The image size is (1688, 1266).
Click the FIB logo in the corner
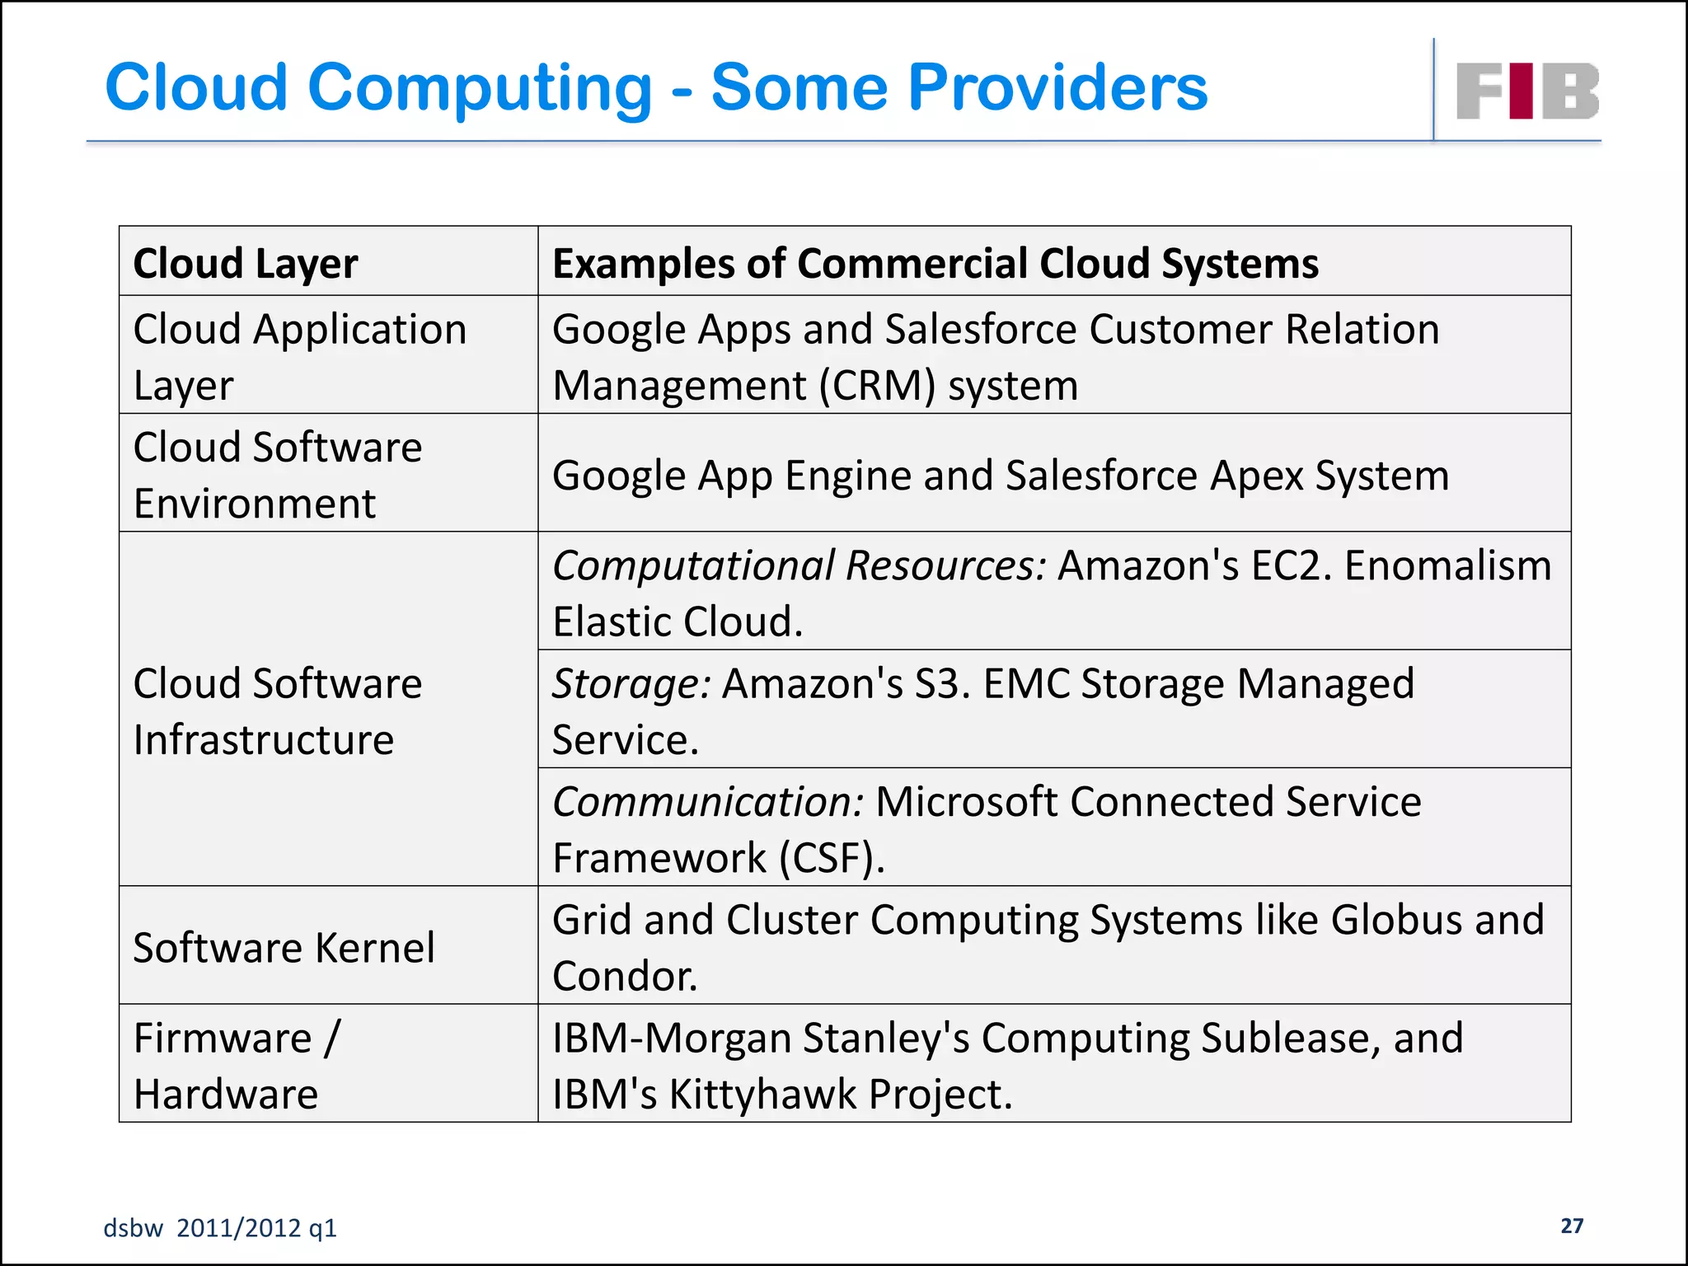1527,91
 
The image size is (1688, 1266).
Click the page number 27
1572,1226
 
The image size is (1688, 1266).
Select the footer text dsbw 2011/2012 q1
220,1228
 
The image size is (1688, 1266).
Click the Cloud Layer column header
246,264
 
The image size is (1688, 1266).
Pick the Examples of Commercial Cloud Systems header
935,264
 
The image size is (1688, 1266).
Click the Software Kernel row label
284,947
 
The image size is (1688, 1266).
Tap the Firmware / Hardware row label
237,1065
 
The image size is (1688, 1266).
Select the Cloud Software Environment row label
277,475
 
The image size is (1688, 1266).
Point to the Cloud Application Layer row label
299,356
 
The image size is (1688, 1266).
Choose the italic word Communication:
707,802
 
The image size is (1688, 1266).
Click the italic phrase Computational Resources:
799,566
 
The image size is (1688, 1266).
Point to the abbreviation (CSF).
832,858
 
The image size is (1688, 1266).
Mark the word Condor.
625,977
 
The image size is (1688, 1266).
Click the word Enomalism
1447,566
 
